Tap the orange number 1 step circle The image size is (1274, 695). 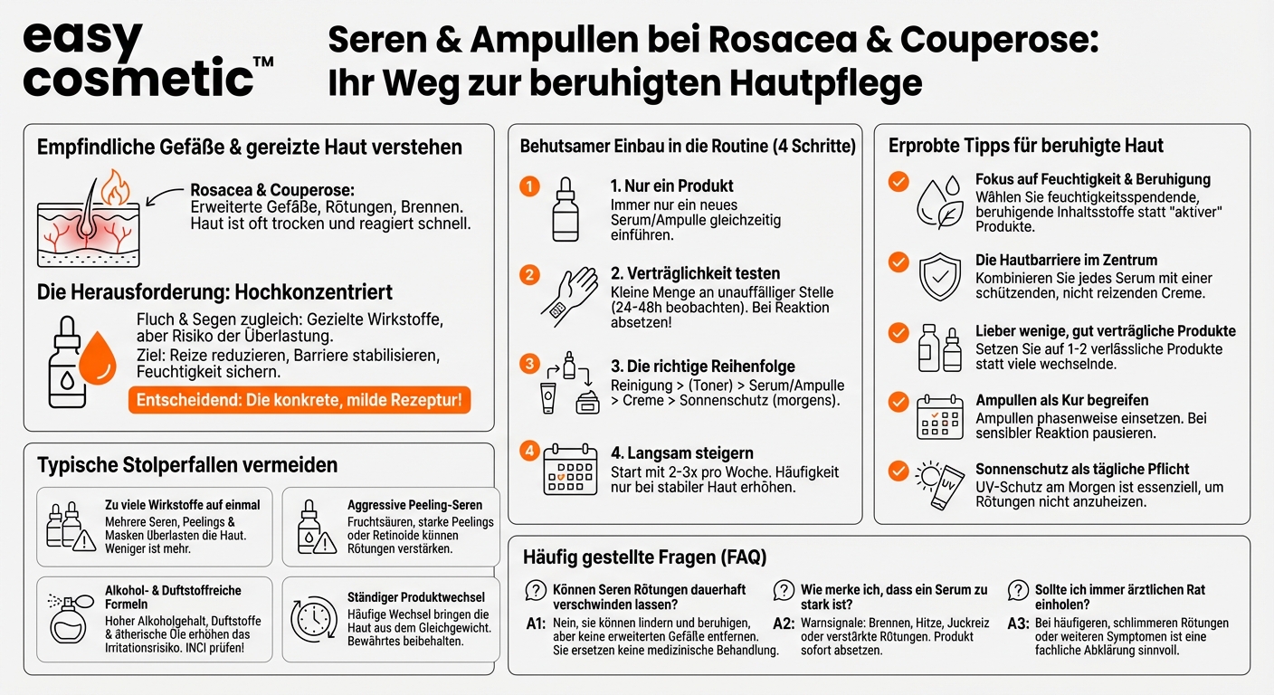click(x=529, y=187)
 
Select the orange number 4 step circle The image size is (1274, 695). click(x=529, y=449)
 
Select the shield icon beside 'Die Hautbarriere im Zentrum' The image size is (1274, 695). click(x=940, y=277)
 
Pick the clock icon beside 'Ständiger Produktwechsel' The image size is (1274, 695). click(x=313, y=621)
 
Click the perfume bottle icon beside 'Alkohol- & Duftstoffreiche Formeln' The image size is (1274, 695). click(x=70, y=620)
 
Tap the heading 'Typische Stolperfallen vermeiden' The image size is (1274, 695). click(x=187, y=465)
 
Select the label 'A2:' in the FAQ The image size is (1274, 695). click(x=784, y=624)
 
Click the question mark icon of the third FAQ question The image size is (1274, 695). click(x=1018, y=591)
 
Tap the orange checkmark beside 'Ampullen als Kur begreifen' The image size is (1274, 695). click(x=898, y=401)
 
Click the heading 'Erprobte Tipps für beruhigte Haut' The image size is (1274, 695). click(x=1026, y=146)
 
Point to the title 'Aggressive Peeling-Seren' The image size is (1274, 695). click(x=414, y=505)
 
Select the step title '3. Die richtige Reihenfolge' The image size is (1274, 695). click(x=690, y=367)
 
